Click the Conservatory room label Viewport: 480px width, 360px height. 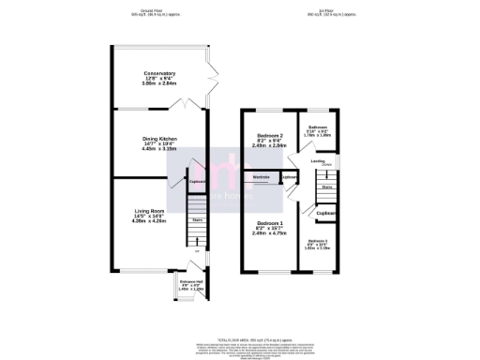[153, 74]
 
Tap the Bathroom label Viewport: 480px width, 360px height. [318, 127]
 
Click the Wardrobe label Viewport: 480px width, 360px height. [262, 176]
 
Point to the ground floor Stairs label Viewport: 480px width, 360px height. [198, 220]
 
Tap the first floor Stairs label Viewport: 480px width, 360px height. [327, 187]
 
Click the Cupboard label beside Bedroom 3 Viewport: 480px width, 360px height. [326, 214]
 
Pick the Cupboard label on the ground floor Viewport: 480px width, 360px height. [196, 182]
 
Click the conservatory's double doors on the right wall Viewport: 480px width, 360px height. [212, 76]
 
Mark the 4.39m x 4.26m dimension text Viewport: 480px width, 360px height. [146, 221]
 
